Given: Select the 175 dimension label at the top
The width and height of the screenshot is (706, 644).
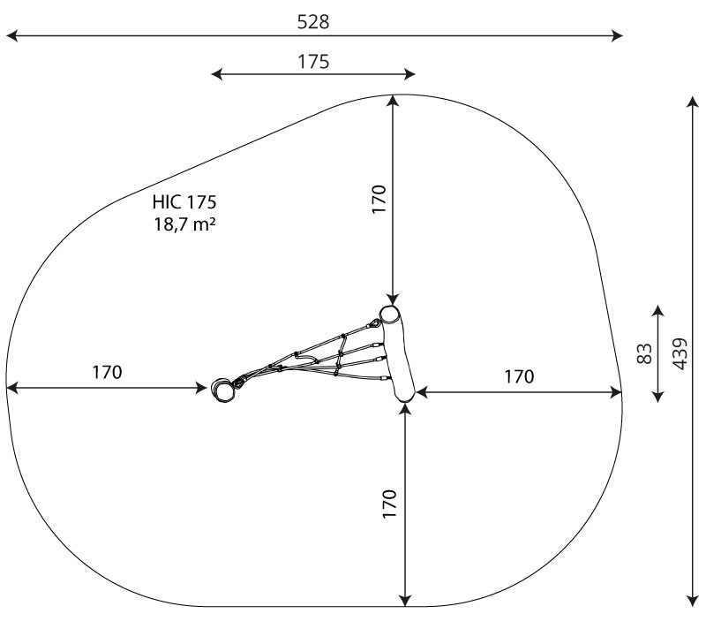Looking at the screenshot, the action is click(x=313, y=61).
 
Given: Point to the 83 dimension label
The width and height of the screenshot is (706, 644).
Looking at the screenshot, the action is click(x=645, y=353).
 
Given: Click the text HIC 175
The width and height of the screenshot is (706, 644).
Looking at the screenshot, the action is click(x=184, y=202).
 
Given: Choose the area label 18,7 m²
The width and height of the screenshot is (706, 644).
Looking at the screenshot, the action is click(x=184, y=224).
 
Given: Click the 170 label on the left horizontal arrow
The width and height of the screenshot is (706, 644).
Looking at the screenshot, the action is click(x=107, y=372).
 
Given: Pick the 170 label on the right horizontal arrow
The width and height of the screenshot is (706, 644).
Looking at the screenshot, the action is click(x=519, y=376).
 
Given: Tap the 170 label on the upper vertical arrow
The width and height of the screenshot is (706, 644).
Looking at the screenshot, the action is click(x=379, y=199).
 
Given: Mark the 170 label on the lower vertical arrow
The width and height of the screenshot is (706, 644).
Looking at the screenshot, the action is click(x=390, y=504).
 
